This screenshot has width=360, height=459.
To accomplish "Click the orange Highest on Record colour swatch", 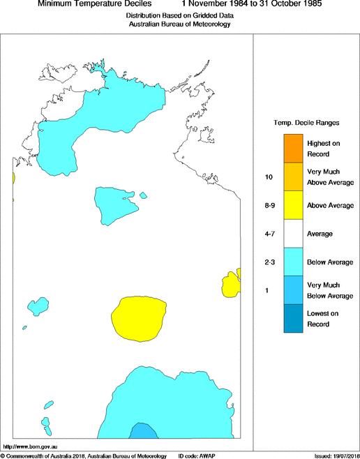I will point(293,148).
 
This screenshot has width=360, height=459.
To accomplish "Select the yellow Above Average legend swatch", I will point(293,205).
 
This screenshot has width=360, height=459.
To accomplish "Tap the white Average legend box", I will point(293,234).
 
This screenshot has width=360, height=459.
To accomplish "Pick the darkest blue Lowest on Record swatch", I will point(293,319).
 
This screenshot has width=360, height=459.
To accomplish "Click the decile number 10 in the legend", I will point(268,176).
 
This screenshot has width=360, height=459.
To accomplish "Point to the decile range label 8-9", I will point(268,205).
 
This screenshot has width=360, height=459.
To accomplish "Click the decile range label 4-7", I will point(268,234).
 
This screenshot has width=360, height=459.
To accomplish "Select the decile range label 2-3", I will point(268,262).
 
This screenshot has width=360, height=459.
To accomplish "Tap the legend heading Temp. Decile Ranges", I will point(306,122).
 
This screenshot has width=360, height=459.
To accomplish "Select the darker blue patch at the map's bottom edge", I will point(142,431).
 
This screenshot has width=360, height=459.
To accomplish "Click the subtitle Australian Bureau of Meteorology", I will point(179,24).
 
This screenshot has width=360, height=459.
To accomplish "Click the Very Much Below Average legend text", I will point(329,291).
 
